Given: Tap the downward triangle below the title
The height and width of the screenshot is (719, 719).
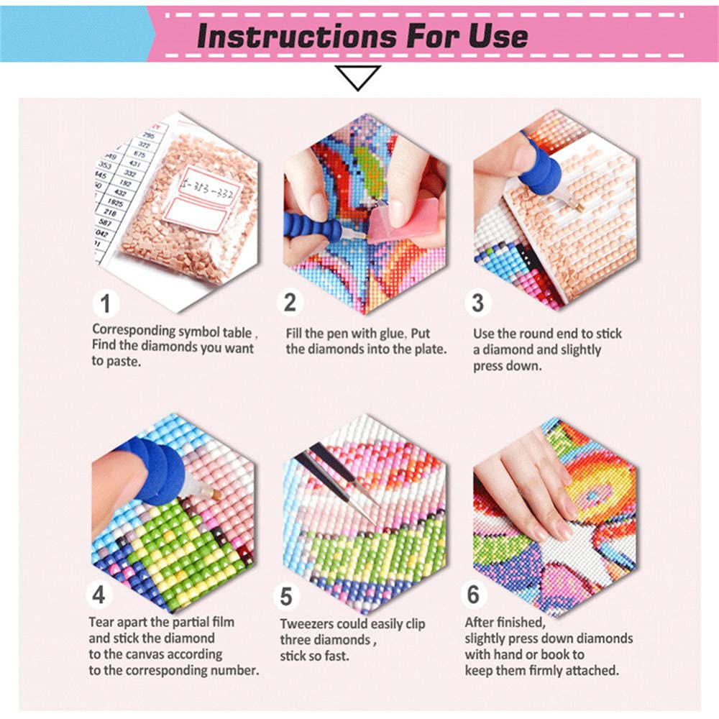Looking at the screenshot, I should coord(357,78).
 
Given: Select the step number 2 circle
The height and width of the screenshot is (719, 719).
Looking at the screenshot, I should coord(290,303).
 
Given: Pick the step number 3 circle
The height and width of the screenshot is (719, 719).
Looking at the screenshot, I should coord(477,303).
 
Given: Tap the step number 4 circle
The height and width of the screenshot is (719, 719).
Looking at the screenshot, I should coord(99,595).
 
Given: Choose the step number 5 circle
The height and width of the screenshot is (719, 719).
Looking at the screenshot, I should coord(287,596).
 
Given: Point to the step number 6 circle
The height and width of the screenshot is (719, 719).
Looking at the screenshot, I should coord(473,595).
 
